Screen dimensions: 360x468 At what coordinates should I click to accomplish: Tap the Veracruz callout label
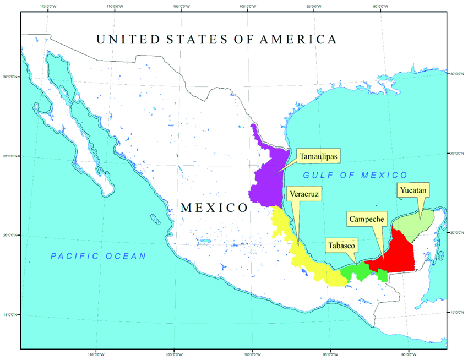click(x=303, y=194)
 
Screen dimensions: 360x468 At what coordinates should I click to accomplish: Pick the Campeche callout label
click(x=366, y=219)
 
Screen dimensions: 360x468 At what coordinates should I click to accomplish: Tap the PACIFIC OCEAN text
click(x=99, y=256)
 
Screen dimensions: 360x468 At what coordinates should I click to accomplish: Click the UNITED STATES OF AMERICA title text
click(x=216, y=40)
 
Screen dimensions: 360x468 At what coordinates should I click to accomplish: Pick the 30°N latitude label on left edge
click(x=10, y=77)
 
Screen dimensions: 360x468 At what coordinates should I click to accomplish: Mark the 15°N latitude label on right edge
click(x=458, y=312)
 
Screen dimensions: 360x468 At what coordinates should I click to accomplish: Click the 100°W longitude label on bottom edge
click(x=253, y=354)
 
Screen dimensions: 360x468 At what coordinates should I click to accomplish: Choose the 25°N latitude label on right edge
click(x=458, y=152)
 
